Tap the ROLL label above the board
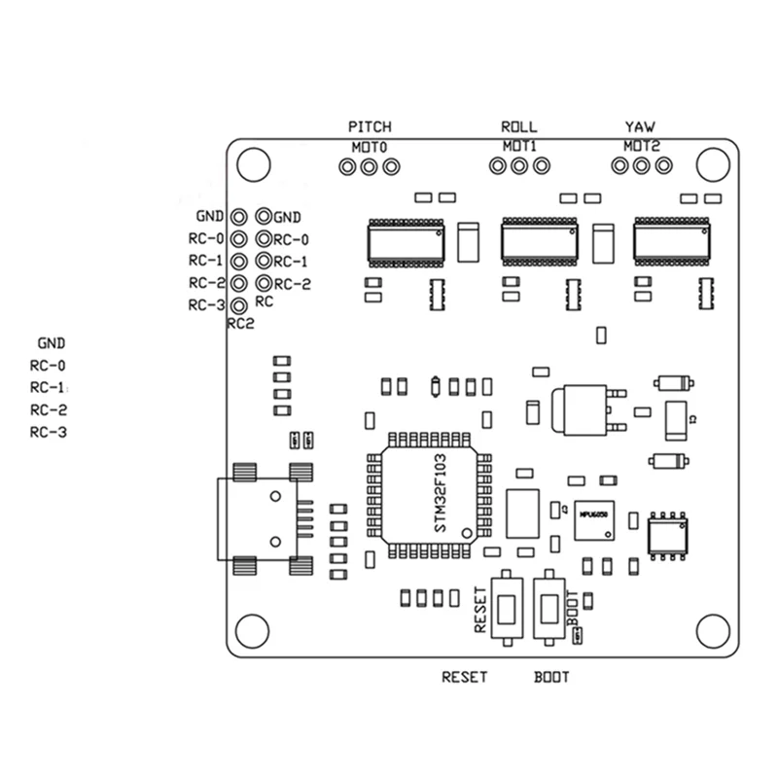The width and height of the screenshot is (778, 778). (x=518, y=127)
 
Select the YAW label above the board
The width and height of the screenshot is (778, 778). (x=640, y=127)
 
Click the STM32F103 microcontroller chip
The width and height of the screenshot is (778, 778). (x=428, y=496)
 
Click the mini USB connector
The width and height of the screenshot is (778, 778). (x=265, y=514)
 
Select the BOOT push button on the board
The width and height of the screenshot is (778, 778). (x=549, y=608)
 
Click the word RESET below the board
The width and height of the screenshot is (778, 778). (x=464, y=677)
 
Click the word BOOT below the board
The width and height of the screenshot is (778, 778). (x=551, y=677)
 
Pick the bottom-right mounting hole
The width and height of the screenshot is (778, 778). (x=714, y=631)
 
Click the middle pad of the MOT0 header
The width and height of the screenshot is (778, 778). (x=369, y=167)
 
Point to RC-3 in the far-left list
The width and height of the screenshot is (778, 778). (x=48, y=433)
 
